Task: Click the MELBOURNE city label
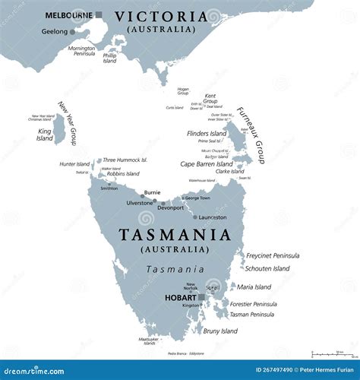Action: (69, 14)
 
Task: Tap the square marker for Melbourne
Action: (99, 14)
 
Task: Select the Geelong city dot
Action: (72, 32)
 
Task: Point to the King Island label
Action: (45, 134)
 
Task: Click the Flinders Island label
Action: (207, 134)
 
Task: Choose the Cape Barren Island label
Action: (207, 163)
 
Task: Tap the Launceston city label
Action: (213, 217)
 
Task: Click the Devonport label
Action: (172, 207)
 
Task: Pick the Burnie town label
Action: (152, 193)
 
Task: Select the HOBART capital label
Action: (179, 297)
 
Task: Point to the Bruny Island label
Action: (219, 331)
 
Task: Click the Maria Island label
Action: (254, 287)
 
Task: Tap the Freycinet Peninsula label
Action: (273, 255)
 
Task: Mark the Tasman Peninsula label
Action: (251, 314)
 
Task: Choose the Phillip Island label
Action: (109, 58)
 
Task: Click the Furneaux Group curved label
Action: (251, 135)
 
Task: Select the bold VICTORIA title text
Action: (160, 16)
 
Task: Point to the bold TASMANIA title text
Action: (174, 235)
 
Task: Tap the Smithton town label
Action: (110, 188)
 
